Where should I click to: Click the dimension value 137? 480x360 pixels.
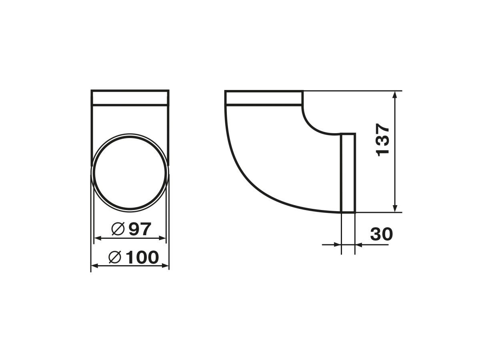tap(382, 140)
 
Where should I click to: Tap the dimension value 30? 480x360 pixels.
tap(381, 234)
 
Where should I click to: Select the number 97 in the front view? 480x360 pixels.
tap(140, 229)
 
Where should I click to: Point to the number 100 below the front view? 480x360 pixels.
tap(142, 257)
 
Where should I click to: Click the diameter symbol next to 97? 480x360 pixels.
tap(118, 229)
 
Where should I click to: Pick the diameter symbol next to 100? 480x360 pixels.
tap(115, 257)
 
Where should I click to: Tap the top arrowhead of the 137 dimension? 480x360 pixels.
tap(395, 96)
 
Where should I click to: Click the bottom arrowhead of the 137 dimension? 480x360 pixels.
tap(395, 207)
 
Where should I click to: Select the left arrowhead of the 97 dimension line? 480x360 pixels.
tap(98, 238)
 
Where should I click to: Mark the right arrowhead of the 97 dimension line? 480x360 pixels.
tap(162, 238)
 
